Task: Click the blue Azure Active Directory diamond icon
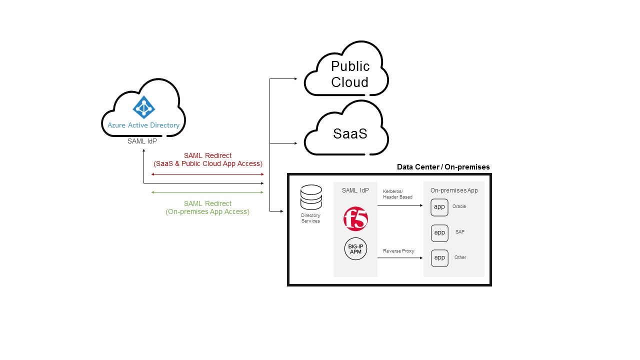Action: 144,107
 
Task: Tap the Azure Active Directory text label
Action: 143,125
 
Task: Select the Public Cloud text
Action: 350,74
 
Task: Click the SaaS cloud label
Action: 350,134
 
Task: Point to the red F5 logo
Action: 355,219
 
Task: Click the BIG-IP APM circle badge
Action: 355,249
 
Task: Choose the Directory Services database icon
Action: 310,197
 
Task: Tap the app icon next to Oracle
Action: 439,207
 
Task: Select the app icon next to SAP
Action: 439,232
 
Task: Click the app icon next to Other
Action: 439,258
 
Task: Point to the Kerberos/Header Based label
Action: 398,194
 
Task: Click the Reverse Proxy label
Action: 398,251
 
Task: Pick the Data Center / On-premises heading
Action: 443,167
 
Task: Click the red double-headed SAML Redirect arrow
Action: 207,174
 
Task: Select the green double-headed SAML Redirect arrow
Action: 207,192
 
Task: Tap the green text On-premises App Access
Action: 207,211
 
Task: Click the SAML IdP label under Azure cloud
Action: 143,141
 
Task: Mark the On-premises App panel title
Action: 454,190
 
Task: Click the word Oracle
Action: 459,206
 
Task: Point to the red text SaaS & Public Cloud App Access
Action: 207,163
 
